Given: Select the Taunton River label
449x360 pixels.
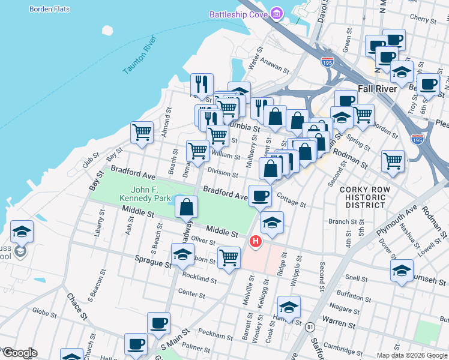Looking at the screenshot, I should [139, 56].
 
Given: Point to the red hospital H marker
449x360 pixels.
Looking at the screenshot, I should [256, 242].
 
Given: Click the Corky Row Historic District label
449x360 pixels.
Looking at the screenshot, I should [365, 197].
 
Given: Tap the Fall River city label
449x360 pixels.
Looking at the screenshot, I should [377, 89].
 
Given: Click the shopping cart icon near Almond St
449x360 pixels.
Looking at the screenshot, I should [142, 132].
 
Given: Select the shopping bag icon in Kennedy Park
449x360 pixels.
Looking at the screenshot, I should [187, 207].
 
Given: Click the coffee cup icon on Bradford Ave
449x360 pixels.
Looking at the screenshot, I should [260, 196].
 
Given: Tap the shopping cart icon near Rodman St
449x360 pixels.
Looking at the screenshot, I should [393, 160].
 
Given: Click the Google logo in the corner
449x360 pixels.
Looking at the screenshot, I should [19, 353].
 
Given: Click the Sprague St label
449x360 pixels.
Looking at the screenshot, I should [152, 263].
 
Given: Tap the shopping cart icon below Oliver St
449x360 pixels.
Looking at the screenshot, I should [229, 257].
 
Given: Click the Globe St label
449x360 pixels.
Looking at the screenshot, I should [44, 311].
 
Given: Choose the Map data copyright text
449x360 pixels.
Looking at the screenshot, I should [412, 355].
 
